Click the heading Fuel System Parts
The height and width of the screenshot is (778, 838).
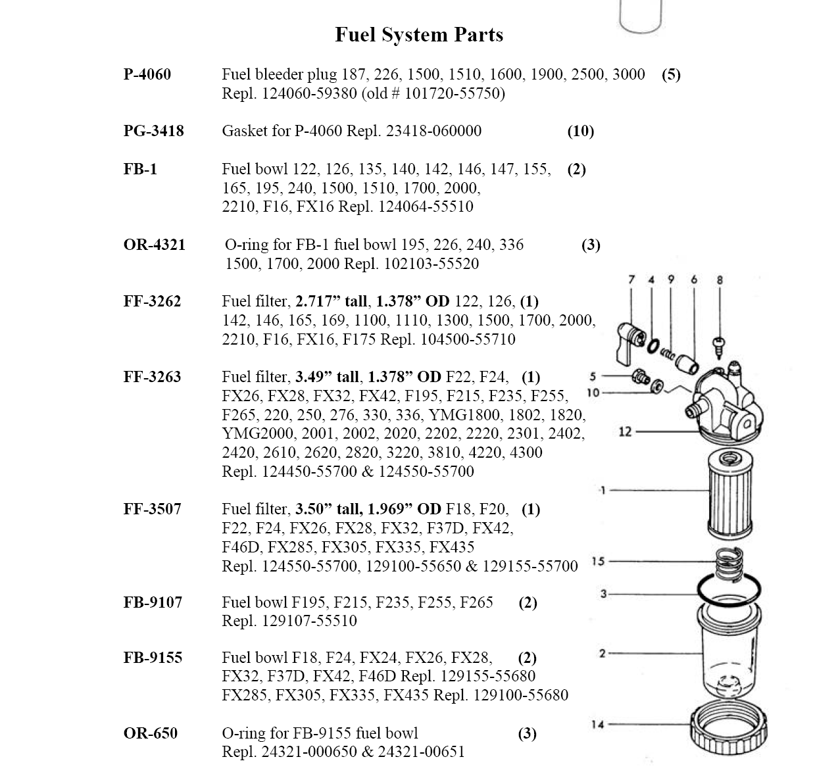[x=419, y=35]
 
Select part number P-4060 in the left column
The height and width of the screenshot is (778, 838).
[x=147, y=74]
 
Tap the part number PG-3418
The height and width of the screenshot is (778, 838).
[x=153, y=131]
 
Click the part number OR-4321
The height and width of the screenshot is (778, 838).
[x=154, y=245]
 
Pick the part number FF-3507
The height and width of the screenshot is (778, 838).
[x=152, y=509]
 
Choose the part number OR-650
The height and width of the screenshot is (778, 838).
[x=150, y=733]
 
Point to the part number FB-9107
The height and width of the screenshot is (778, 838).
[x=153, y=602]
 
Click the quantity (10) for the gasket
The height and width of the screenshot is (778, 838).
[x=580, y=131]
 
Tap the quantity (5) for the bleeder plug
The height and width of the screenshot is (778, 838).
[x=671, y=74]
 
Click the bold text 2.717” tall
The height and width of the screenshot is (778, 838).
[x=332, y=302]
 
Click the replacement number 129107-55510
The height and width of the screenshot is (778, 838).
[x=309, y=621]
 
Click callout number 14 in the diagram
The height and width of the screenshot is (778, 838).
[x=597, y=725]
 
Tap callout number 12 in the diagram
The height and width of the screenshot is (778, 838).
[x=625, y=431]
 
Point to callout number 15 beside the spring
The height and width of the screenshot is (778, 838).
[x=598, y=561]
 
